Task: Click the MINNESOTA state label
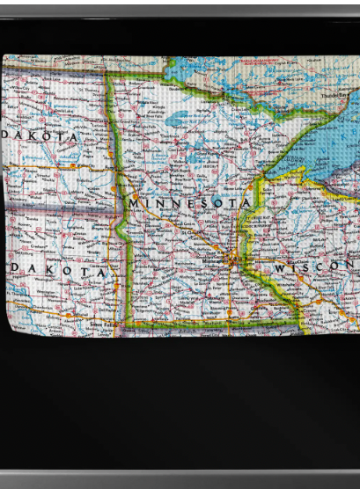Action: [190, 203]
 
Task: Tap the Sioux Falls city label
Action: [102, 324]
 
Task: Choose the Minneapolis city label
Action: [210, 262]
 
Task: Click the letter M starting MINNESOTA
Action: [136, 204]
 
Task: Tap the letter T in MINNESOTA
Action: [231, 202]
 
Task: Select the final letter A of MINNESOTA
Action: [246, 202]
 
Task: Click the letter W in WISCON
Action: [281, 266]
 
